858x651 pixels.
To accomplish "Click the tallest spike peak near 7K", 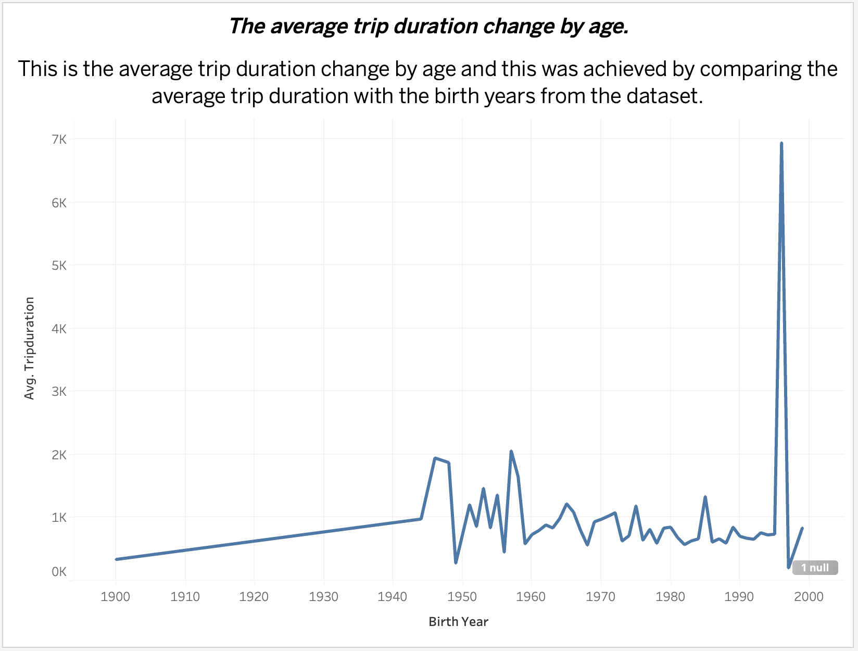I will click(781, 143).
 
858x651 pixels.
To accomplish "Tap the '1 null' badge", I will click(815, 568).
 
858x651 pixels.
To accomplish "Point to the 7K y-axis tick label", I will click(59, 139).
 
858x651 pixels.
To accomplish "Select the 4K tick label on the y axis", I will click(59, 329).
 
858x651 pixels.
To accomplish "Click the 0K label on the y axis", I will click(59, 572).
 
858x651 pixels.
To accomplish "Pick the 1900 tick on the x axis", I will click(115, 597).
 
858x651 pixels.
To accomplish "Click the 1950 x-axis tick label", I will click(462, 597).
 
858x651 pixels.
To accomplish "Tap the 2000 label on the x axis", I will click(809, 597).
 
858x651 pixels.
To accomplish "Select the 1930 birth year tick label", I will click(323, 597).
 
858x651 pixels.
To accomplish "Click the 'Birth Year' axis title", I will click(458, 622).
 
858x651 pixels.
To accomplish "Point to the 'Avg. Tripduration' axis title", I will click(30, 348).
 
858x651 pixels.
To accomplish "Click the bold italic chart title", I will click(429, 26).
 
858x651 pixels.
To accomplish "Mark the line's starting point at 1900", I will click(116, 559).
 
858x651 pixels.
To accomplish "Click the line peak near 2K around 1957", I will click(511, 451).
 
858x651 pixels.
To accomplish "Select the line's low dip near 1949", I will click(456, 562).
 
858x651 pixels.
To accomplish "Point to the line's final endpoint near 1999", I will click(802, 528).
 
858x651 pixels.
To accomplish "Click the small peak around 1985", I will click(705, 497).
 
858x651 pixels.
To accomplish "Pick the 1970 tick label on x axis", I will click(600, 597).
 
